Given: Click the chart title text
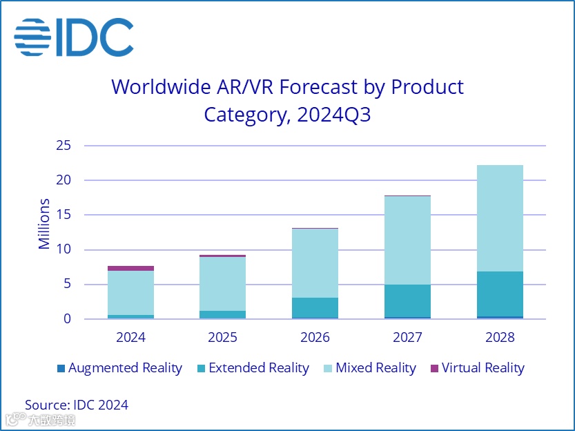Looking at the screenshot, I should point(287,100).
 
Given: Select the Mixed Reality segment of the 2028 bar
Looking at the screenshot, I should point(500,218).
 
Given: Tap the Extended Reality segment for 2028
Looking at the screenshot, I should point(500,294).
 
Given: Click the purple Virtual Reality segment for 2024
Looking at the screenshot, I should point(130,268).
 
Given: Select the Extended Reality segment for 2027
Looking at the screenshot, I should point(407,300).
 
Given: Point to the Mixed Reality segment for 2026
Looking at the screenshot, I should point(315,263).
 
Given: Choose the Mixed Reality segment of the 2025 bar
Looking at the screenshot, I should point(222,284).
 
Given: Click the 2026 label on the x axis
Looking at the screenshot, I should point(315,338).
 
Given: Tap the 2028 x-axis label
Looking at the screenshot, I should point(500,338).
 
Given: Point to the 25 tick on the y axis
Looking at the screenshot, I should point(64,146).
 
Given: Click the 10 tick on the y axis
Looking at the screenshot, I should point(64,250).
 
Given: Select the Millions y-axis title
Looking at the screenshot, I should point(45,224).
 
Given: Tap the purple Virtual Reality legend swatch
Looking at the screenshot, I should point(434,368).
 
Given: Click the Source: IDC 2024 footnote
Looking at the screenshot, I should point(77,405).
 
